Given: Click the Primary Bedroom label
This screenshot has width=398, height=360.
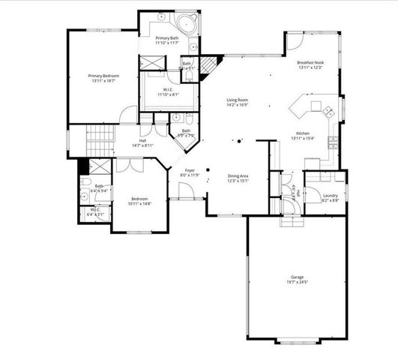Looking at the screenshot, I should pos(103,76).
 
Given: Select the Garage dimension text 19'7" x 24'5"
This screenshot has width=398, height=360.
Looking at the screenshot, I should pos(298,283).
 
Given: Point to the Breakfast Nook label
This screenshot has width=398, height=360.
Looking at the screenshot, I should pos(309,62).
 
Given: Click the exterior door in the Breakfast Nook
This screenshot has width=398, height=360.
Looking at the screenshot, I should pos(294,40).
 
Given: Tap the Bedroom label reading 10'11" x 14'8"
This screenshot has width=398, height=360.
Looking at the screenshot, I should pos(140,199).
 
